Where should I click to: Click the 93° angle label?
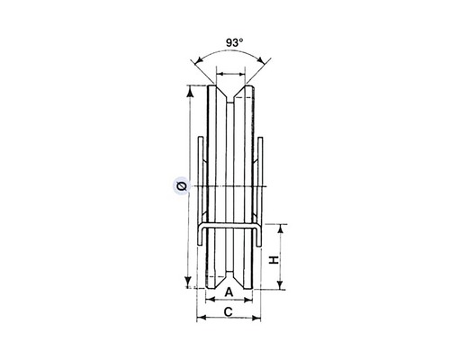pyautogui.click(x=234, y=43)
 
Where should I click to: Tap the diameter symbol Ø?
pyautogui.click(x=182, y=186)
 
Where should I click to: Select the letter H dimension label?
pyautogui.click(x=274, y=260)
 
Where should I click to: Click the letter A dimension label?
pyautogui.click(x=229, y=292)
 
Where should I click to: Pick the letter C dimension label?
pyautogui.click(x=229, y=312)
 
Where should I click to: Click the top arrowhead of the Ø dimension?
pyautogui.click(x=189, y=92)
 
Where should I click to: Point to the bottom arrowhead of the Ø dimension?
pyautogui.click(x=188, y=282)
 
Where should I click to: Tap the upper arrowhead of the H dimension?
pyautogui.click(x=281, y=229)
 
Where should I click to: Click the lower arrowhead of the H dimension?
pyautogui.click(x=281, y=284)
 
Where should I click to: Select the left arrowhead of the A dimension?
pyautogui.click(x=211, y=300)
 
